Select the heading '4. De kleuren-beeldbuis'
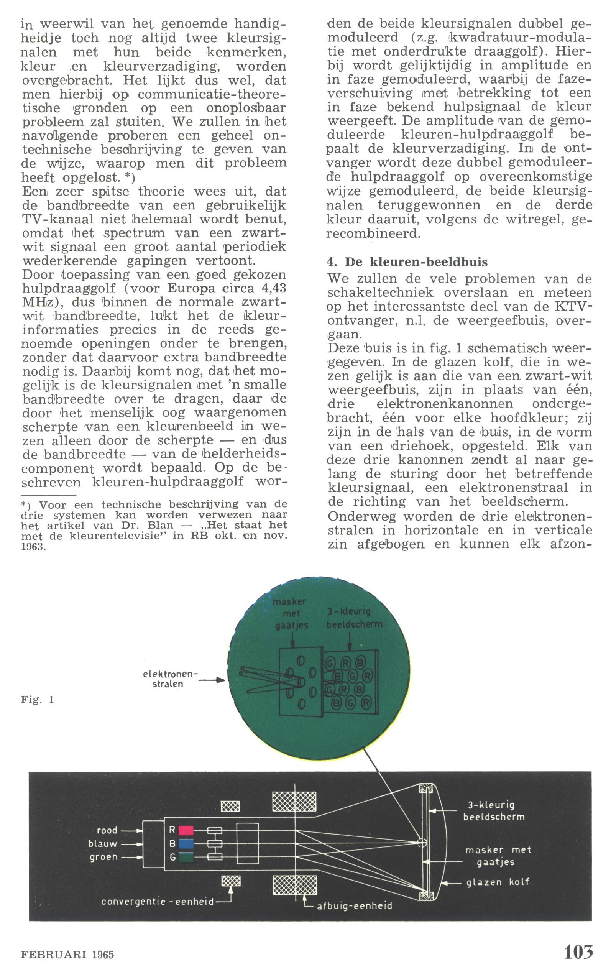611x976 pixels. click(x=407, y=262)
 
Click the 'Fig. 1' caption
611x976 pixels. click(x=37, y=700)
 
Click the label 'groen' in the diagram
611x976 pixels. click(x=104, y=857)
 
